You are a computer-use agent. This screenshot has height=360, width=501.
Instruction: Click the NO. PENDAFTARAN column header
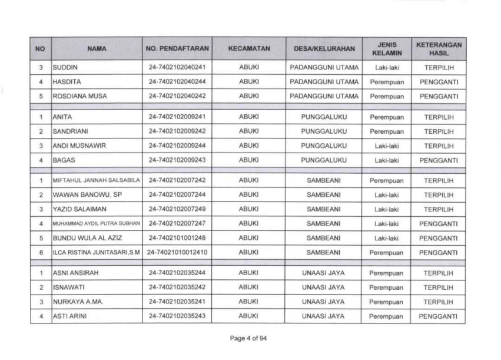click(x=177, y=48)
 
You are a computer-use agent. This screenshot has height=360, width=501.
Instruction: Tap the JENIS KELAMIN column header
click(x=386, y=48)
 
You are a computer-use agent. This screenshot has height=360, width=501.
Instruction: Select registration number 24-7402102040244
click(x=177, y=82)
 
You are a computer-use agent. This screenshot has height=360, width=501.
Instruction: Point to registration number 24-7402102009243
click(x=177, y=160)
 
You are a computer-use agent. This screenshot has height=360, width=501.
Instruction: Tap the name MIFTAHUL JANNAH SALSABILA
click(x=97, y=181)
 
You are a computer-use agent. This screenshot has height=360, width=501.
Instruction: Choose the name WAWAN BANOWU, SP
click(x=81, y=195)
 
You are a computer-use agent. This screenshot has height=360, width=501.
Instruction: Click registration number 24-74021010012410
click(x=177, y=252)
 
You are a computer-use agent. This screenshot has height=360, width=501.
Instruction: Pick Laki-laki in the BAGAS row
click(x=386, y=160)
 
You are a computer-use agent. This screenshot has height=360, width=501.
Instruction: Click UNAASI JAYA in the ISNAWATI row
click(x=323, y=288)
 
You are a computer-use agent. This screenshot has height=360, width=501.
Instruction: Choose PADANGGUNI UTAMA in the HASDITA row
click(x=323, y=82)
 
